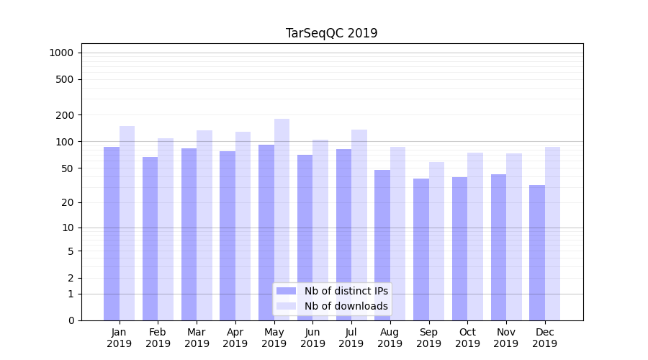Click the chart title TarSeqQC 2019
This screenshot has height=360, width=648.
coord(331,33)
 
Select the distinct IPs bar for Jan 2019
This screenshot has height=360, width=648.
coord(112,234)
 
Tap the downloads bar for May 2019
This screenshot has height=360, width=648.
coord(282,220)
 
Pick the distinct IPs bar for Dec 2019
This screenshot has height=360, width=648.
coord(537,253)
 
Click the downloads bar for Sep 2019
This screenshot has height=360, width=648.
coord(436,241)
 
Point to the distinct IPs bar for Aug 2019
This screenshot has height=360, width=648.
coord(382,245)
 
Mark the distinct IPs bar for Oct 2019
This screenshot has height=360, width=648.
coord(460,248)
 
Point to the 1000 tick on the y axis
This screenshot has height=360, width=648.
coord(61,53)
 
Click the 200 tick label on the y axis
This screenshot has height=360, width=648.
coord(64,115)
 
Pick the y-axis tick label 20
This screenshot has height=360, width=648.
coord(67,202)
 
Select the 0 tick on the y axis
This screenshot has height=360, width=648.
coord(71,320)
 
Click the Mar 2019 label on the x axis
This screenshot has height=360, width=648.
coord(197,338)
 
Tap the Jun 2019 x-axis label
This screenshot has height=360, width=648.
coord(312,338)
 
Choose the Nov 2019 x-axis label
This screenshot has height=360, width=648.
coord(506,338)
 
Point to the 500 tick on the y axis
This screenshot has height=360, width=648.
coord(64,79)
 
